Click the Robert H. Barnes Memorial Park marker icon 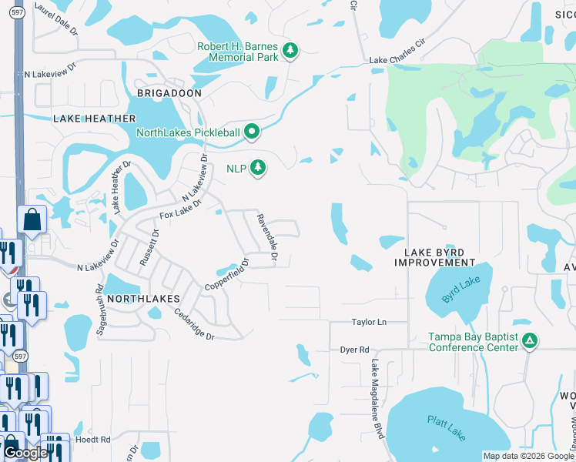pyautogui.click(x=290, y=51)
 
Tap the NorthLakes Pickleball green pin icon pyautogui.click(x=252, y=132)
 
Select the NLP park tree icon pyautogui.click(x=258, y=168)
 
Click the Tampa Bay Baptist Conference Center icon pyautogui.click(x=528, y=340)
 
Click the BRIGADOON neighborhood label pyautogui.click(x=169, y=93)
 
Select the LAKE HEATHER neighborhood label pyautogui.click(x=94, y=119)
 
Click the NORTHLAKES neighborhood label pyautogui.click(x=143, y=298)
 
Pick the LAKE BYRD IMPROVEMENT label pyautogui.click(x=434, y=257)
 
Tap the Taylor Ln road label pyautogui.click(x=369, y=323)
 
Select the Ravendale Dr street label pyautogui.click(x=266, y=235)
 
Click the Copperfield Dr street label pyautogui.click(x=227, y=275)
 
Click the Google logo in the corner pyautogui.click(x=25, y=453)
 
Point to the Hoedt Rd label pyautogui.click(x=92, y=440)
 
